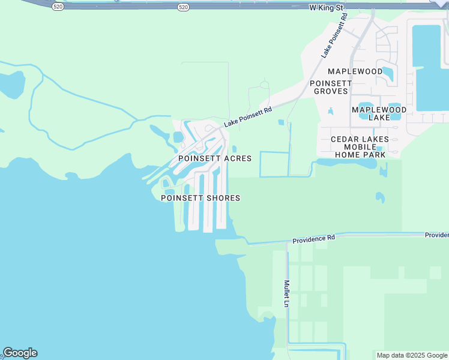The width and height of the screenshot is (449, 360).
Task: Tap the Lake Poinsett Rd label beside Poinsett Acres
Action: point(248,117)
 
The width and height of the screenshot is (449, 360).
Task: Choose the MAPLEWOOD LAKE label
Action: point(379,114)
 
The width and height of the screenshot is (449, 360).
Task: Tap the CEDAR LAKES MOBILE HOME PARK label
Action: point(360,146)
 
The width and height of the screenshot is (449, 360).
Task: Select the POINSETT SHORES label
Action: point(200,198)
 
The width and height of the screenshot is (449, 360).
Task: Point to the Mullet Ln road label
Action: point(287,293)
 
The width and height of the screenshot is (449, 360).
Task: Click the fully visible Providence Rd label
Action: point(313,239)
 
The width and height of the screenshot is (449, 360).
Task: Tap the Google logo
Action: point(20,353)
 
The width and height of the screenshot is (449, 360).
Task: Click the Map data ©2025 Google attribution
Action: point(412,355)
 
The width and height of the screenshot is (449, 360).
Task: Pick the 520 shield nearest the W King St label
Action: point(184,7)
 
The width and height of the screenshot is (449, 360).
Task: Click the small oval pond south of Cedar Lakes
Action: point(379,196)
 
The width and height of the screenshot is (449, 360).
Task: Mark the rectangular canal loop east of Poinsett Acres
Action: point(274,164)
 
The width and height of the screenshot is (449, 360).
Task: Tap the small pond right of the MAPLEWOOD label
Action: point(388,73)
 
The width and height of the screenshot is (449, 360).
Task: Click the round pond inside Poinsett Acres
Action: point(178,137)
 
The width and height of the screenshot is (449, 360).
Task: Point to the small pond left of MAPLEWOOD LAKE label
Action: point(330,111)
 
